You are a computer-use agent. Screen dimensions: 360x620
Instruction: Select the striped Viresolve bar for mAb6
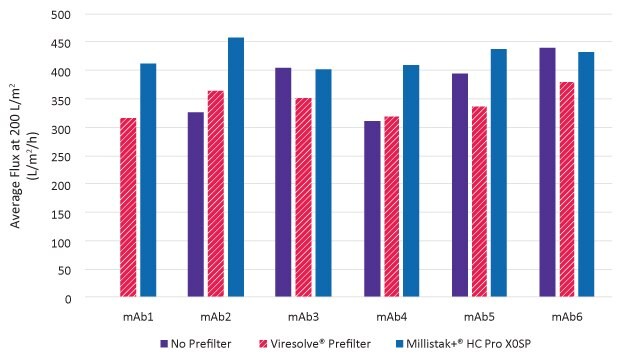coord(567,189)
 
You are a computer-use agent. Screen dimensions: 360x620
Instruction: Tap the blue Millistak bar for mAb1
coord(148,180)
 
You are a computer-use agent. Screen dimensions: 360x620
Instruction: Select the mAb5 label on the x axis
coord(480,316)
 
